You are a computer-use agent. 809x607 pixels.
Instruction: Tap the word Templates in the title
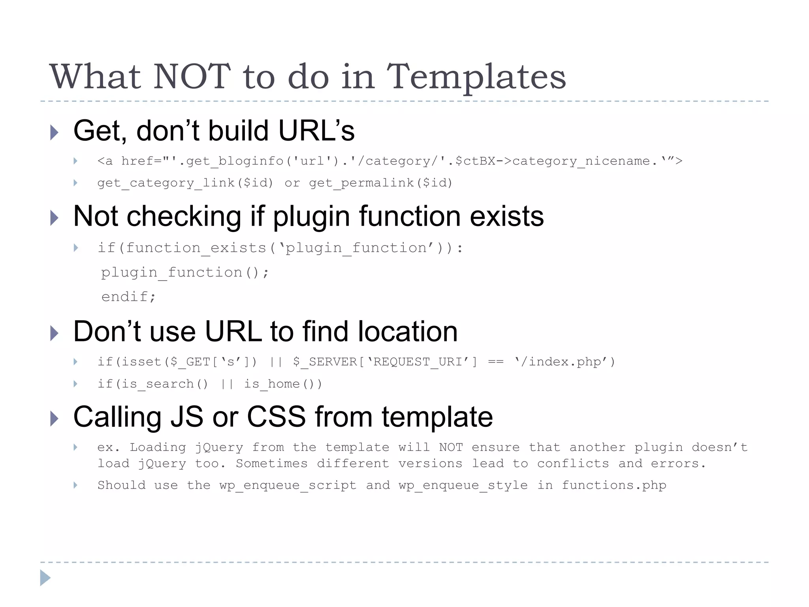click(476, 77)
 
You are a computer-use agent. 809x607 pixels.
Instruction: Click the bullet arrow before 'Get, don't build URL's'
click(55, 132)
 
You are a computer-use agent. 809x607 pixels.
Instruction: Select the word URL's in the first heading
click(316, 131)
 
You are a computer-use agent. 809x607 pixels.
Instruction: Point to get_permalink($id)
click(380, 183)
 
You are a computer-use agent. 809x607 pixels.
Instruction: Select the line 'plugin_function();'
click(185, 273)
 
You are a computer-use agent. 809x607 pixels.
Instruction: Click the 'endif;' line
click(128, 297)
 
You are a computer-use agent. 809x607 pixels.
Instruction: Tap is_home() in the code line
click(283, 384)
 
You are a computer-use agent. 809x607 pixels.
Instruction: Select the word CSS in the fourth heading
click(276, 417)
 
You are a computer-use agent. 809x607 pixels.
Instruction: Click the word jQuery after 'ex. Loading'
click(219, 448)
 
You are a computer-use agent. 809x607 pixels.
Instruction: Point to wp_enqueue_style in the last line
click(463, 485)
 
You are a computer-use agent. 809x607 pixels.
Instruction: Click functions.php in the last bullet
click(614, 485)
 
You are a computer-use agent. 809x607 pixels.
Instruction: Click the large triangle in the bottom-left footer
click(45, 578)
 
